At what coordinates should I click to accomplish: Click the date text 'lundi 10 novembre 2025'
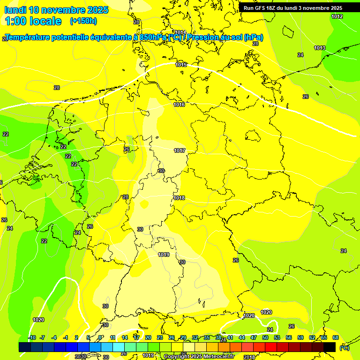56,10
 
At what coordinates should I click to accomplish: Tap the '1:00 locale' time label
33,21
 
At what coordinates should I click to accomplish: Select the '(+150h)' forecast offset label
83,21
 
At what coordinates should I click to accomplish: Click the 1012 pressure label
337,16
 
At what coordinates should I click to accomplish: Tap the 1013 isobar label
320,48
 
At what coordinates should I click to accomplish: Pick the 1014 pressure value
180,32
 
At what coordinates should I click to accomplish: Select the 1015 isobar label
181,65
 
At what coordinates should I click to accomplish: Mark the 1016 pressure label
179,105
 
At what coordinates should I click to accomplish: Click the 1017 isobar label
180,150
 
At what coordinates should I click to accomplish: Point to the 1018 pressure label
179,198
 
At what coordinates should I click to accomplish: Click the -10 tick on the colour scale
32,337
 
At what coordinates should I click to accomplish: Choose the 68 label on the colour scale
336,337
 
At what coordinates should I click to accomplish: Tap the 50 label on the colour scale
265,337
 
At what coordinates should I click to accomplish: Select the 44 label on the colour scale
242,337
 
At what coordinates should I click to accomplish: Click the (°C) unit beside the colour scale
344,347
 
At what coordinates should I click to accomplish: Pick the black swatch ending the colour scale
330,347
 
